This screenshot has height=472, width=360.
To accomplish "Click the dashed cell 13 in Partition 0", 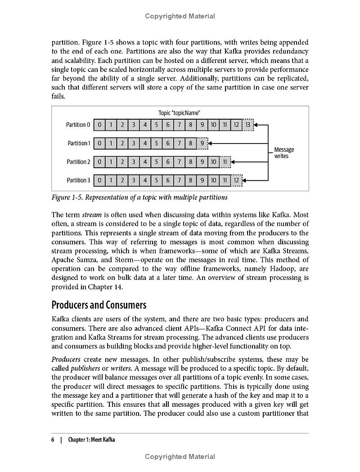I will (x=247, y=125).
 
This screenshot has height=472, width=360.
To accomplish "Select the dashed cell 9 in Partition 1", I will (x=202, y=143).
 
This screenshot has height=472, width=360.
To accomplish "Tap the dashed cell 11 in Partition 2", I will (x=225, y=162).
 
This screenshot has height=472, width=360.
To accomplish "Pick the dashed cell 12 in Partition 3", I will (x=236, y=180).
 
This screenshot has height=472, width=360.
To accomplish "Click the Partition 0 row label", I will (x=78, y=125).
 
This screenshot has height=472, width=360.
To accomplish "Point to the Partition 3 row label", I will (x=78, y=180).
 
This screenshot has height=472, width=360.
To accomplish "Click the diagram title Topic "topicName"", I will (x=179, y=113).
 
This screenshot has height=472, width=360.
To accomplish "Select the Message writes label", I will (x=284, y=153).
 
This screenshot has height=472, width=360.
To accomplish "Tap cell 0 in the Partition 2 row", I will (x=99, y=162).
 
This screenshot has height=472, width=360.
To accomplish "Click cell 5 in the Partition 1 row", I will (x=156, y=143).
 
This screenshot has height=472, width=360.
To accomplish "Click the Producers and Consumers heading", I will (x=99, y=305).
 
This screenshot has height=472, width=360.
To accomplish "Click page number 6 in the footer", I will (x=53, y=440).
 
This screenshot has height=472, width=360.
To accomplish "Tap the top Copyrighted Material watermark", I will (x=180, y=16).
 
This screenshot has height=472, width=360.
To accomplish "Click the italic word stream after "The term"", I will (x=91, y=215).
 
